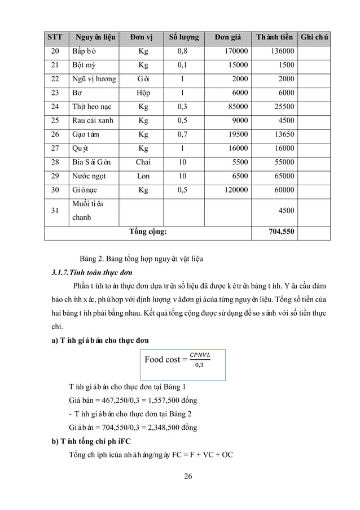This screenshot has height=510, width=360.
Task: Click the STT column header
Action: tap(55, 37)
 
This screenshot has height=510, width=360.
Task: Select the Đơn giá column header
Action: tap(228, 37)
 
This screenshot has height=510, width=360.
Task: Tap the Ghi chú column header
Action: tap(315, 37)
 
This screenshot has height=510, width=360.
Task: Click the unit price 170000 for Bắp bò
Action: tap(236, 51)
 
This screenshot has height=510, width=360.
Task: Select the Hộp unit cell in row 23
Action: tap(143, 93)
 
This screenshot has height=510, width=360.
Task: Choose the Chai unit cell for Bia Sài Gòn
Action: tap(143, 162)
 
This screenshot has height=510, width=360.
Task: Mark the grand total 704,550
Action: tap(280, 231)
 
